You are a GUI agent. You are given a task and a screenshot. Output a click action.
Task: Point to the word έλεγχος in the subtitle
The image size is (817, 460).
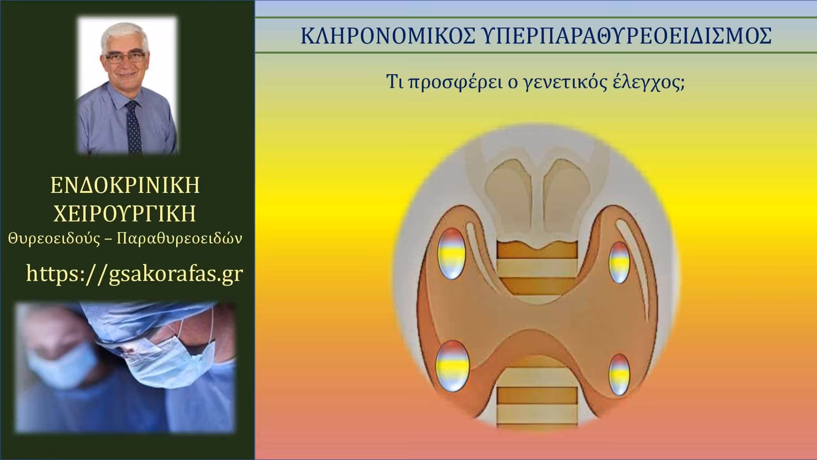[645, 84]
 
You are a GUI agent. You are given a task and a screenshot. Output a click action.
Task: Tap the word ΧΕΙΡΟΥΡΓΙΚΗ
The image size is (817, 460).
[125, 213]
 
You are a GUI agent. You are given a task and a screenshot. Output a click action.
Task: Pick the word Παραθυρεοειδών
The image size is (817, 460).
[179, 239]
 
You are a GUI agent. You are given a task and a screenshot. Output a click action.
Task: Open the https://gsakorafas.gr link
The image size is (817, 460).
[134, 273]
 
